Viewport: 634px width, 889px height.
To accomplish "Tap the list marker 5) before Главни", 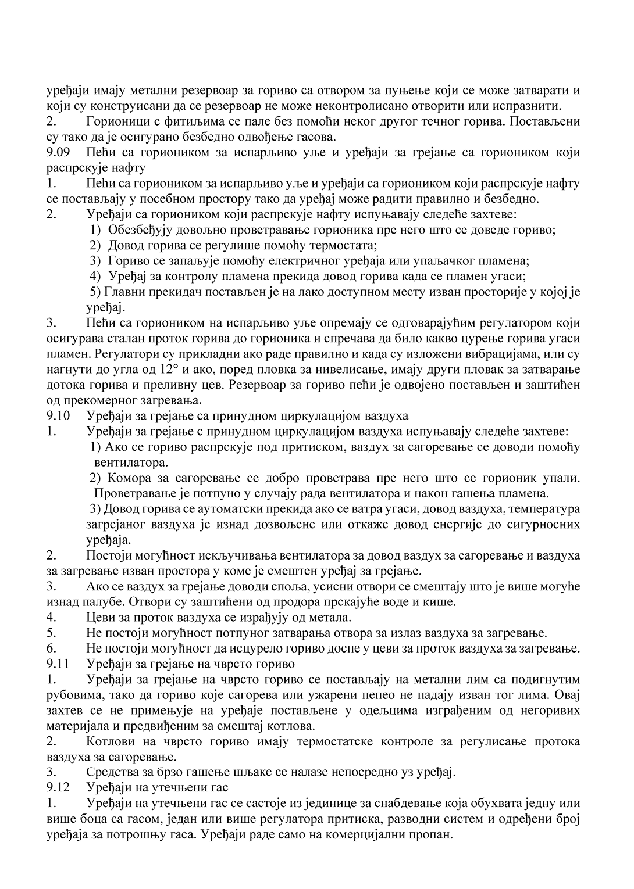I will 96,292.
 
